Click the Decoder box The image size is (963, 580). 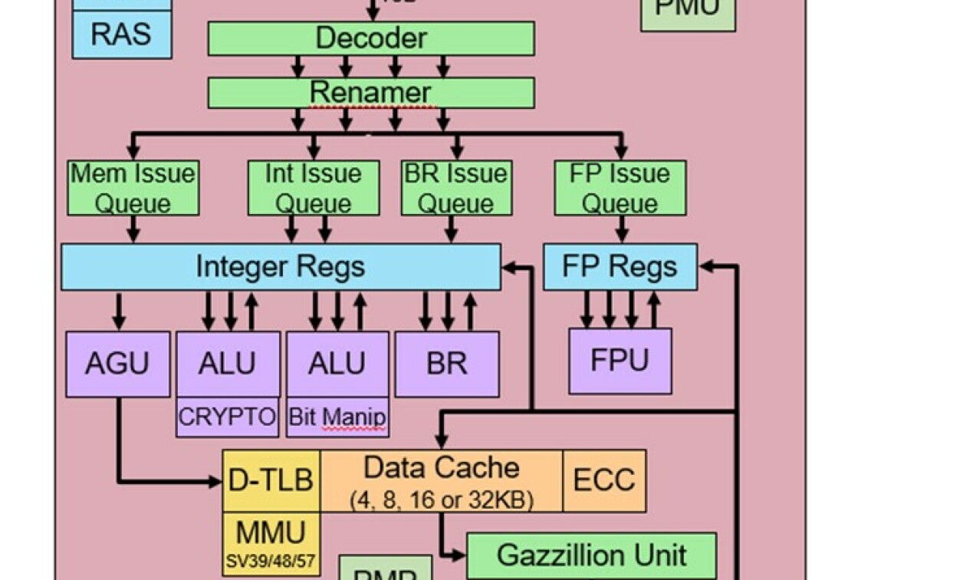371,38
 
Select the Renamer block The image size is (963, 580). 371,93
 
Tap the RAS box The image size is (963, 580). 121,35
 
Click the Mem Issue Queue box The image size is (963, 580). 133,188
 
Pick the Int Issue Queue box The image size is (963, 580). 313,188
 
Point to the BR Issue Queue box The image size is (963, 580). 456,188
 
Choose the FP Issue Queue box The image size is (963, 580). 620,188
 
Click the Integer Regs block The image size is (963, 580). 281,267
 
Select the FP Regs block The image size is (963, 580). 620,267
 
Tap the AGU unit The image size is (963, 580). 117,364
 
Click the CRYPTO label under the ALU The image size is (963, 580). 227,417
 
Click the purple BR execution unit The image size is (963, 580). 446,364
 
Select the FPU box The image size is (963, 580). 620,361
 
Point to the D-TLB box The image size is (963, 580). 271,480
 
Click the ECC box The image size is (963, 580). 604,480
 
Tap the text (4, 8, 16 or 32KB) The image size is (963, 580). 442,500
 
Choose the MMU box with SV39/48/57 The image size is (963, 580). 271,544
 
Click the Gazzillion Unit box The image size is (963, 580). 591,555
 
